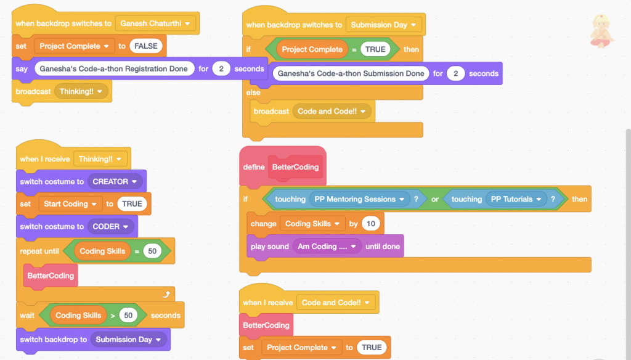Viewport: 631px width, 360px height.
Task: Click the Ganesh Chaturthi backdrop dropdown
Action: point(155,23)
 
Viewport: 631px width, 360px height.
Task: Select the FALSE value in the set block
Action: point(146,46)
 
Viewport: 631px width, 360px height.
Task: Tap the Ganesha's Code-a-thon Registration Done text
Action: point(114,68)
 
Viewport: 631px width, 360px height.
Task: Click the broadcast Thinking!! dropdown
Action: point(81,91)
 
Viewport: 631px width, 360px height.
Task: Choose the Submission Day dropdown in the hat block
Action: point(383,25)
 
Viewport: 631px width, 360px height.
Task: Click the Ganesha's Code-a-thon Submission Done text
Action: point(351,73)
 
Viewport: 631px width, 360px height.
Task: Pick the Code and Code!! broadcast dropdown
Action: point(332,112)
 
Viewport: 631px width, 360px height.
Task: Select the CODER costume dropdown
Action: point(111,226)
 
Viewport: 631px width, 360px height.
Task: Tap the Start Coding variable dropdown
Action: point(70,204)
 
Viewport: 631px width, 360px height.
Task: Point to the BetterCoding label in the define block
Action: point(297,167)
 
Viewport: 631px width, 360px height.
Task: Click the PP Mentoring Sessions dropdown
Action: point(360,199)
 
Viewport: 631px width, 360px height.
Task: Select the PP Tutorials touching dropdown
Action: point(517,199)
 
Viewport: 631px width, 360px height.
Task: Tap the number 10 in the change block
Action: point(370,224)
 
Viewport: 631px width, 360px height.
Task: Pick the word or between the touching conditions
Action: point(434,199)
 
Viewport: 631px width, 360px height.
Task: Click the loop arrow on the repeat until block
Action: point(166,295)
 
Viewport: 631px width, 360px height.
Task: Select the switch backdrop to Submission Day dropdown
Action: point(128,339)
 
